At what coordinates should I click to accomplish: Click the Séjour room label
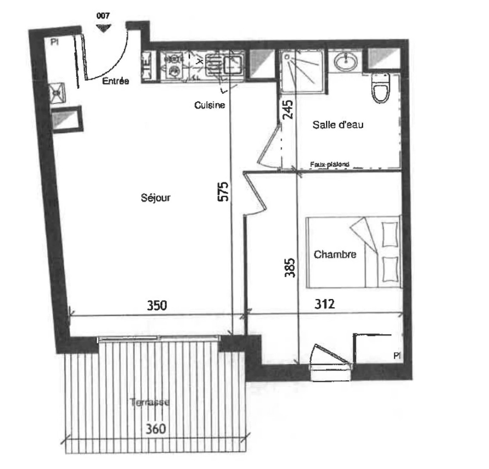click(156, 198)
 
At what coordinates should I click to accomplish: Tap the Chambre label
click(335, 255)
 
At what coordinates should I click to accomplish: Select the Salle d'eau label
click(338, 125)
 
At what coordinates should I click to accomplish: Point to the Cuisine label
click(210, 105)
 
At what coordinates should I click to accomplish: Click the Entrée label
click(115, 81)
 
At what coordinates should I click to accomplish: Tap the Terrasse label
click(150, 402)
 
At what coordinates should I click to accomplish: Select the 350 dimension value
click(157, 305)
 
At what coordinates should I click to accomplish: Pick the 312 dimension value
click(324, 303)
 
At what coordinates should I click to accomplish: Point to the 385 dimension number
click(290, 267)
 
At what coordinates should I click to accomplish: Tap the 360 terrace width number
click(156, 429)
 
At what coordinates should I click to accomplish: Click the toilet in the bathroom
click(380, 88)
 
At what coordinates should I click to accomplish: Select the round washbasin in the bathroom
click(346, 61)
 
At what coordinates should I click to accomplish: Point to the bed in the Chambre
click(354, 252)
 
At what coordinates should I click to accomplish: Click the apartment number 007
click(103, 16)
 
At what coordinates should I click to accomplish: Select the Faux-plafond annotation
click(329, 165)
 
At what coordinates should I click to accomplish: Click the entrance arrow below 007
click(103, 28)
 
